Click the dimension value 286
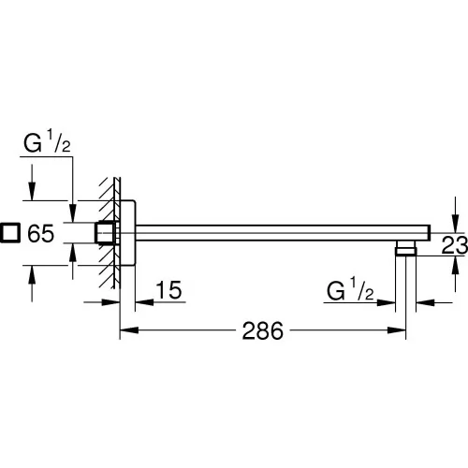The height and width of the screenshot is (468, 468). click(263, 330)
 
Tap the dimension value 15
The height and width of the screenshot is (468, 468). click(168, 290)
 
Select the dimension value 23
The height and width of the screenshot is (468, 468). click(455, 244)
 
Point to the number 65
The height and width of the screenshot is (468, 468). click(41, 233)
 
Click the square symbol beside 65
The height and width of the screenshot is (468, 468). click(10, 232)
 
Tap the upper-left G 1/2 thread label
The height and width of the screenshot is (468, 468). click(47, 142)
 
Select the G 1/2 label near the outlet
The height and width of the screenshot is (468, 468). click(350, 289)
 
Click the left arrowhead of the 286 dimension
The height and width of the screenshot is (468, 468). click(129, 330)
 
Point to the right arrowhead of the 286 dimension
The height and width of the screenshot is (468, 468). click(396, 330)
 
